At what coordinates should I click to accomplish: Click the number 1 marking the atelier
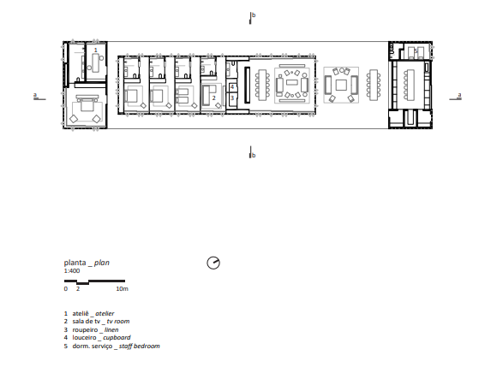click(x=96, y=50)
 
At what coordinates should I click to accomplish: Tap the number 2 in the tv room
click(x=214, y=98)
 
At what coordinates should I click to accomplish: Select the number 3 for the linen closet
click(x=232, y=98)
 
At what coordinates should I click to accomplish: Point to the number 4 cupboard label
click(x=232, y=87)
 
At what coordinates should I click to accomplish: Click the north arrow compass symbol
click(x=213, y=263)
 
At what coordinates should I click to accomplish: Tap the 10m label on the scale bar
click(x=123, y=289)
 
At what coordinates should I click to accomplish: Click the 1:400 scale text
click(x=72, y=271)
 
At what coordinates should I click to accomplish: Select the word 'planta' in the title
click(x=75, y=263)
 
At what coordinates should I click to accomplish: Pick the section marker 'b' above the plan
click(x=254, y=15)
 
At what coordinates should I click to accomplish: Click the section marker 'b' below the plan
click(x=254, y=155)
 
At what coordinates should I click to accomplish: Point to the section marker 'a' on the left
click(x=35, y=95)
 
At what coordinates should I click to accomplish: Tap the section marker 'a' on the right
click(x=459, y=95)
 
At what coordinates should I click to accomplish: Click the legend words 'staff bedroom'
click(x=140, y=346)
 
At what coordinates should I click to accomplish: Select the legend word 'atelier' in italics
click(x=105, y=314)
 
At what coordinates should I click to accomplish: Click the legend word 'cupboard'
click(x=117, y=338)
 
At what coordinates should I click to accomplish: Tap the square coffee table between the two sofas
click(x=341, y=85)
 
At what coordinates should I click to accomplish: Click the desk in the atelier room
click(x=95, y=62)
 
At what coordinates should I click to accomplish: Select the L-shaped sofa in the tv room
click(x=207, y=95)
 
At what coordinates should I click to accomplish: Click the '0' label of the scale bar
click(x=66, y=289)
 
